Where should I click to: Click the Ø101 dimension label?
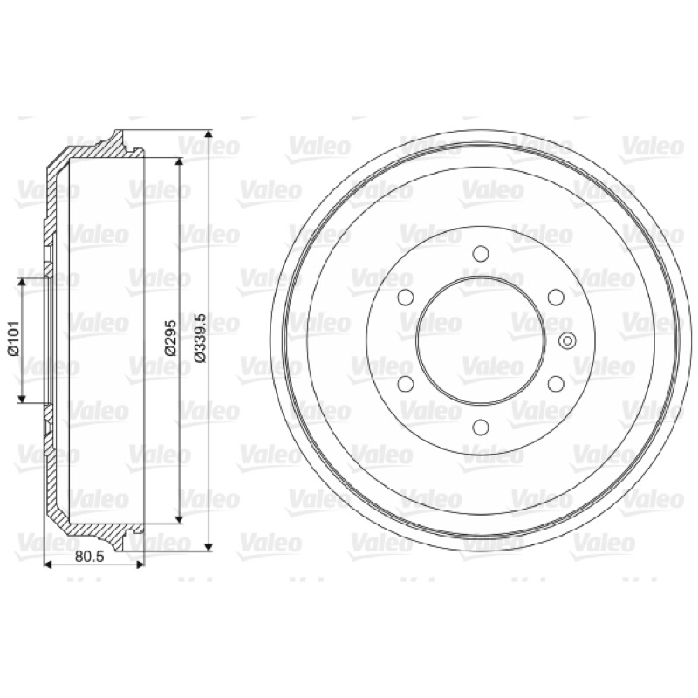coord(13,339)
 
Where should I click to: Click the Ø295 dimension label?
coord(170,339)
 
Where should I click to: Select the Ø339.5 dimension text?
coord(201,338)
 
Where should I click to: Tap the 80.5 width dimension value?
coord(90,556)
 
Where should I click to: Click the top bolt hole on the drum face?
coord(481,254)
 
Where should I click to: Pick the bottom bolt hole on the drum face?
coord(481,427)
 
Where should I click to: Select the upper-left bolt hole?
coord(406,297)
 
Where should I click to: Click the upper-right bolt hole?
coord(556,297)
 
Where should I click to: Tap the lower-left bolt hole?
coord(406,384)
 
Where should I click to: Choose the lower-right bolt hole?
coord(556,384)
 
